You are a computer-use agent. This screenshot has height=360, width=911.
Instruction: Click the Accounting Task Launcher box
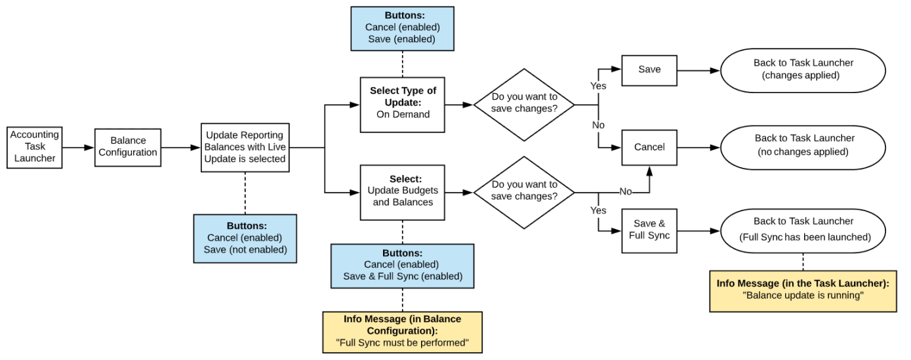coord(35,146)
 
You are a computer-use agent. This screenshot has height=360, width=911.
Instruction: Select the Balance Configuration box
coord(128,147)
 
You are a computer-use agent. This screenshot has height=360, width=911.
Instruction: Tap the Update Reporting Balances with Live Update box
coord(245,148)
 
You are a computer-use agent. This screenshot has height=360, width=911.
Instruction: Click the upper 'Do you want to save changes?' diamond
coord(524,104)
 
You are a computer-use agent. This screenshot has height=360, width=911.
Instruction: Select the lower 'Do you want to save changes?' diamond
coord(524,192)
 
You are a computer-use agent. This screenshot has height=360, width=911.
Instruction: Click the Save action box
coord(649,70)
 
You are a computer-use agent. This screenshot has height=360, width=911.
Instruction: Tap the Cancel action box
coord(649,147)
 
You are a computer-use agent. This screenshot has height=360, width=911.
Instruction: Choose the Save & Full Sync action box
coord(649,230)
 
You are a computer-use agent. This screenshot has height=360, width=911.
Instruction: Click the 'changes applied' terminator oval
coord(803,70)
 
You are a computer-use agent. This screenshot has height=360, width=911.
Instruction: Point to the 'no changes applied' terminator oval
coord(803,146)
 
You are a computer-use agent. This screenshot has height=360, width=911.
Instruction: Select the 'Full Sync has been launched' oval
coord(803,230)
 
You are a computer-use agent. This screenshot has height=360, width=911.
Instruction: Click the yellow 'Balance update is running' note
coord(803,291)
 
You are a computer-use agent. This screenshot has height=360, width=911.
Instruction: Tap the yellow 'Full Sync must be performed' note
coord(402,332)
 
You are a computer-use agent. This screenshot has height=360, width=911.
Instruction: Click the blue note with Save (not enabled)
coord(245,238)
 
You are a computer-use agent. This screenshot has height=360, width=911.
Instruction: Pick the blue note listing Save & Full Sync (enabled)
coord(402,266)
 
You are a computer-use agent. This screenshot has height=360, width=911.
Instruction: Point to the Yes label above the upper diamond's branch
coord(598,86)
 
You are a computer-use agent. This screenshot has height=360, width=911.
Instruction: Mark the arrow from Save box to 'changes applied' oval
coord(698,70)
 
